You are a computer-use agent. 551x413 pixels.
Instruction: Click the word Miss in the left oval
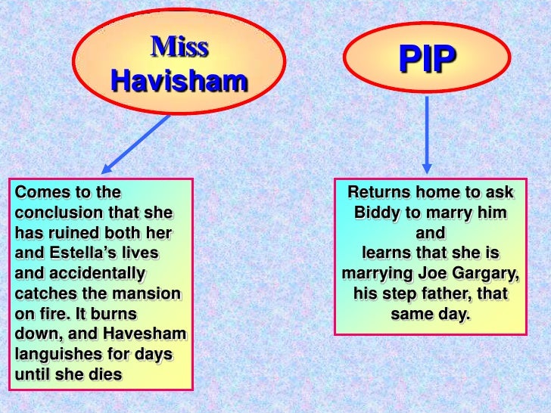point(179,48)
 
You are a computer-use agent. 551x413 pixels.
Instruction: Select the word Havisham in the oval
point(179,80)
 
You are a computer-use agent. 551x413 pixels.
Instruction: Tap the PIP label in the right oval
point(427,61)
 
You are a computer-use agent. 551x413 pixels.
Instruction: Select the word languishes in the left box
point(61,354)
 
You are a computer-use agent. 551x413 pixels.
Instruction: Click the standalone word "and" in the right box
point(430,232)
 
